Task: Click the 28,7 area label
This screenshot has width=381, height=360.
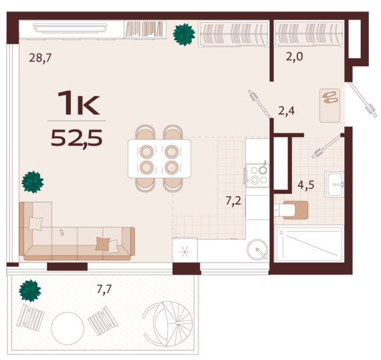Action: (x=40, y=58)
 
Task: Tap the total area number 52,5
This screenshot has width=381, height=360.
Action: (x=77, y=138)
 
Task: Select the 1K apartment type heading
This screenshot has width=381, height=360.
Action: (x=78, y=103)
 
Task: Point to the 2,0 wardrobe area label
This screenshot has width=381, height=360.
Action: (x=294, y=57)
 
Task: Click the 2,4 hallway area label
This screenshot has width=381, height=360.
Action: (x=287, y=111)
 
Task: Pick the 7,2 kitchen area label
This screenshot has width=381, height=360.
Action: (x=233, y=201)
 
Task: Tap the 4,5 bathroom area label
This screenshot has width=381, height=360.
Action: (x=306, y=185)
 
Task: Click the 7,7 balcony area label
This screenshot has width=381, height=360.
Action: (x=104, y=289)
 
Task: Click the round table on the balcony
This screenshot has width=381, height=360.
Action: (x=68, y=328)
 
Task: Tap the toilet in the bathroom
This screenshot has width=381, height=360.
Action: (x=291, y=210)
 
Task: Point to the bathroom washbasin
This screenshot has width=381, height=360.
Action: (x=334, y=184)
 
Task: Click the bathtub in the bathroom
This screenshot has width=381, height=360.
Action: (x=309, y=244)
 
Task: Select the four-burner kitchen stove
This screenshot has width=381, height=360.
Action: (x=257, y=176)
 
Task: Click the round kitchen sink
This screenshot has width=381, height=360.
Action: (x=257, y=250)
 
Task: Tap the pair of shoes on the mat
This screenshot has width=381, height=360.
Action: (x=330, y=98)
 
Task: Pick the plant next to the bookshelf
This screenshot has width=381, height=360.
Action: (x=184, y=35)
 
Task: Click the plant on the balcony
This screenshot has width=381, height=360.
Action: (x=30, y=291)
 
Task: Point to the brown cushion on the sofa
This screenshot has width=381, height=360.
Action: (x=102, y=244)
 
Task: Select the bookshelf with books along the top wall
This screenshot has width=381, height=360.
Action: (x=145, y=29)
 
